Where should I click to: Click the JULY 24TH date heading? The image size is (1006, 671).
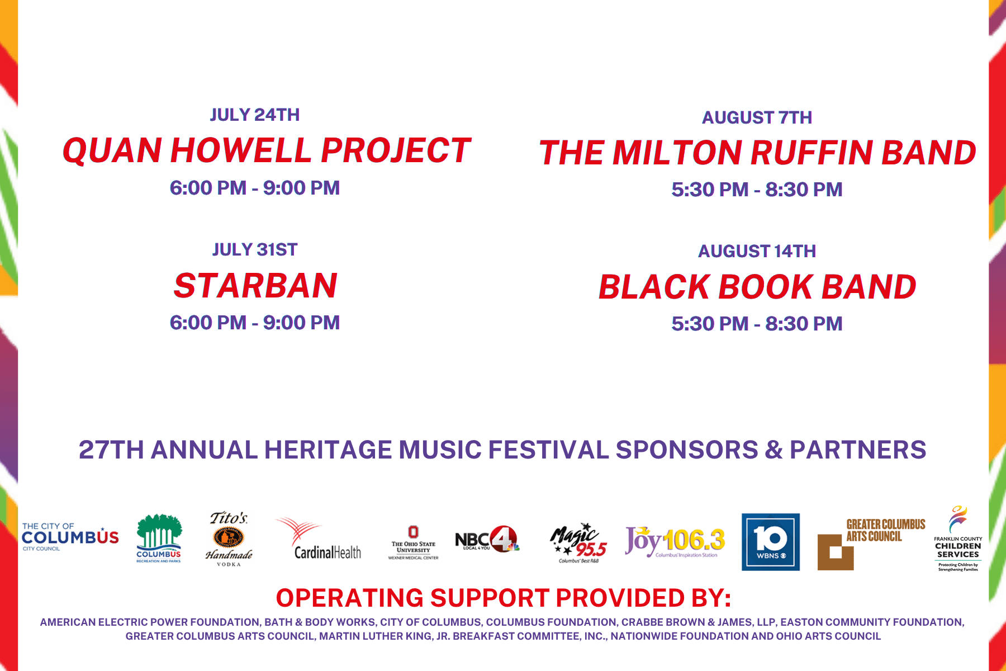255,115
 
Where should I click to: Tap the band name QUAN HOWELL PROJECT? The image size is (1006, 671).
267,151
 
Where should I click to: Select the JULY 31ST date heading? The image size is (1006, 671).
255,249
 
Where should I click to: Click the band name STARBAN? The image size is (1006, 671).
255,286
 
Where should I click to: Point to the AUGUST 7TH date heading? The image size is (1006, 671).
757,117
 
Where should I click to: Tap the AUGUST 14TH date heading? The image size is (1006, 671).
757,251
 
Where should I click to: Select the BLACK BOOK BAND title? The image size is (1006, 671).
757,287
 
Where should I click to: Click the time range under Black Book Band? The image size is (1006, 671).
757,324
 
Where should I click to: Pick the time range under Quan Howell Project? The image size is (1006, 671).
255,188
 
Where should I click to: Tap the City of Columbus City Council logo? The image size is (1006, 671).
70,537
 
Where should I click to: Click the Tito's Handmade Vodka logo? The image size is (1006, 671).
229,539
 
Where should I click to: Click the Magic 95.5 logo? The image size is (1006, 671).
578,543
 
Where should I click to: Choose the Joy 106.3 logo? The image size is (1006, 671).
675,542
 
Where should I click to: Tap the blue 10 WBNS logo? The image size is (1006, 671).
770,542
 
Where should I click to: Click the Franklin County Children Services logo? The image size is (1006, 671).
957,539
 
